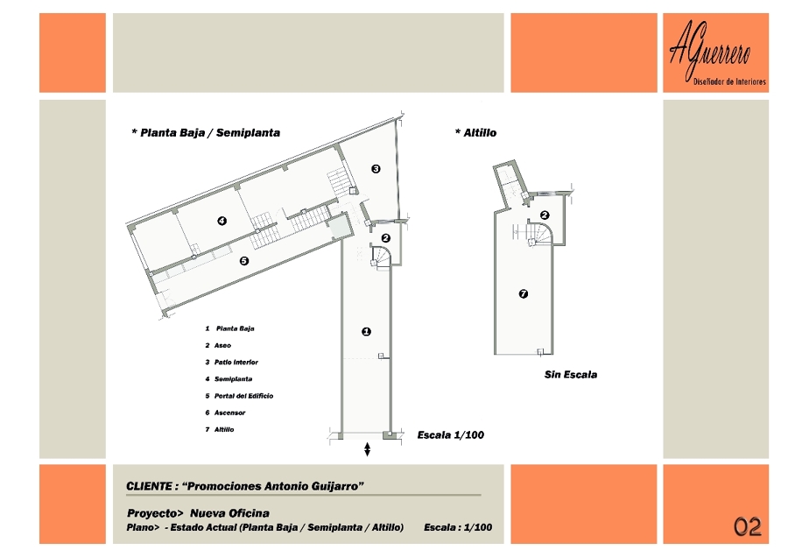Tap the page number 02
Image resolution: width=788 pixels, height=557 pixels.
point(748,526)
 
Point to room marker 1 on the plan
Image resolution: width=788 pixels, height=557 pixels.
point(366,331)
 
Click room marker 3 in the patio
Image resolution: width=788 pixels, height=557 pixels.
point(376,168)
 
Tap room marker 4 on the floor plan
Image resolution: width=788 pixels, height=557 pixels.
point(222,221)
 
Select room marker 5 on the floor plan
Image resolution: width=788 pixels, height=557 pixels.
point(244,260)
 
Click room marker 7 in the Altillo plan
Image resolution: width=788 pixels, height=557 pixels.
point(524,293)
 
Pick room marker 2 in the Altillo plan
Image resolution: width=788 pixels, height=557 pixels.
point(545,215)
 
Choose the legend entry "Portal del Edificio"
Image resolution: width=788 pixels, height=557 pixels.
point(243,396)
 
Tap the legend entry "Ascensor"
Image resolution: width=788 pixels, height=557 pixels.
point(229,412)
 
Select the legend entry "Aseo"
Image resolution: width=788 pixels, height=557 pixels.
point(222,345)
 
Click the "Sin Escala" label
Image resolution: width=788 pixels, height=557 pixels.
point(571,374)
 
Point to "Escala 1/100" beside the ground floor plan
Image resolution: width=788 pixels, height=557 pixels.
point(451,434)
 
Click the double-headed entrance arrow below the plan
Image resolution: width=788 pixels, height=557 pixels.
point(368,450)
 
